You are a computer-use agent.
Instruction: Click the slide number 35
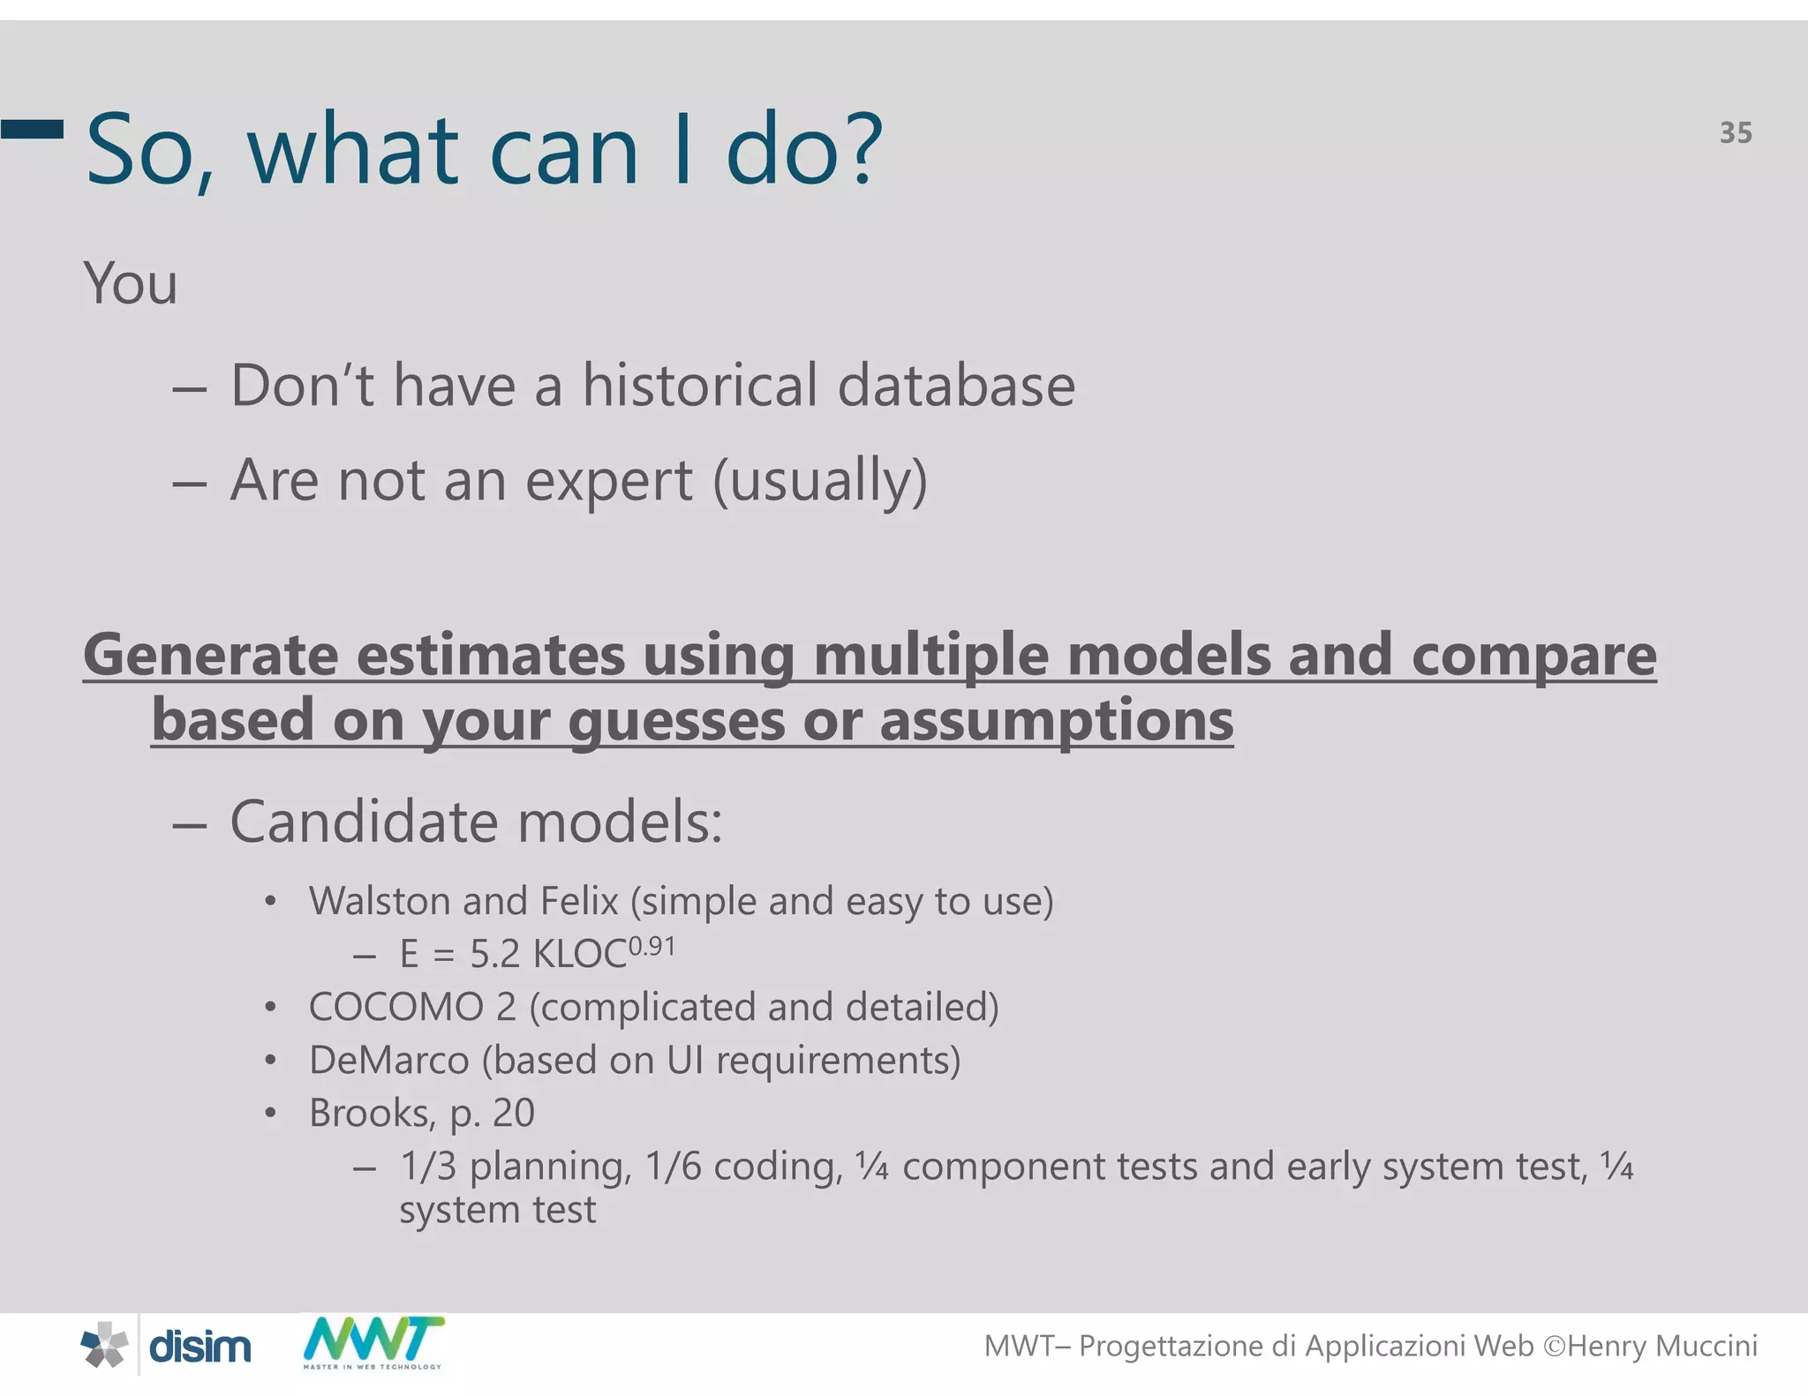click(x=1735, y=133)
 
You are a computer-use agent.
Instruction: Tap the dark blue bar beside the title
click(x=33, y=130)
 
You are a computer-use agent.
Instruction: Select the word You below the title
click(x=131, y=284)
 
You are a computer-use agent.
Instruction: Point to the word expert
click(x=608, y=482)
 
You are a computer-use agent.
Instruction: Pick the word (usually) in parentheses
click(x=820, y=482)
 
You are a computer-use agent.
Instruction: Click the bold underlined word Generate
click(x=210, y=656)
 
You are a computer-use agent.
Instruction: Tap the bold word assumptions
click(x=1056, y=721)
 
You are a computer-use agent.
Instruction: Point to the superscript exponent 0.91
click(x=652, y=947)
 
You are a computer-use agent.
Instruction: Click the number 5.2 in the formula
click(x=494, y=955)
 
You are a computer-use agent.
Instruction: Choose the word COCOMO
click(x=395, y=1008)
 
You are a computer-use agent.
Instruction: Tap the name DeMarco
click(x=388, y=1061)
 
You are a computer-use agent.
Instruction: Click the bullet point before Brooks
click(x=271, y=1114)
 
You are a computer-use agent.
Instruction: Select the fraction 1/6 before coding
click(x=673, y=1167)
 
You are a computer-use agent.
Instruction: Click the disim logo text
click(x=200, y=1347)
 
